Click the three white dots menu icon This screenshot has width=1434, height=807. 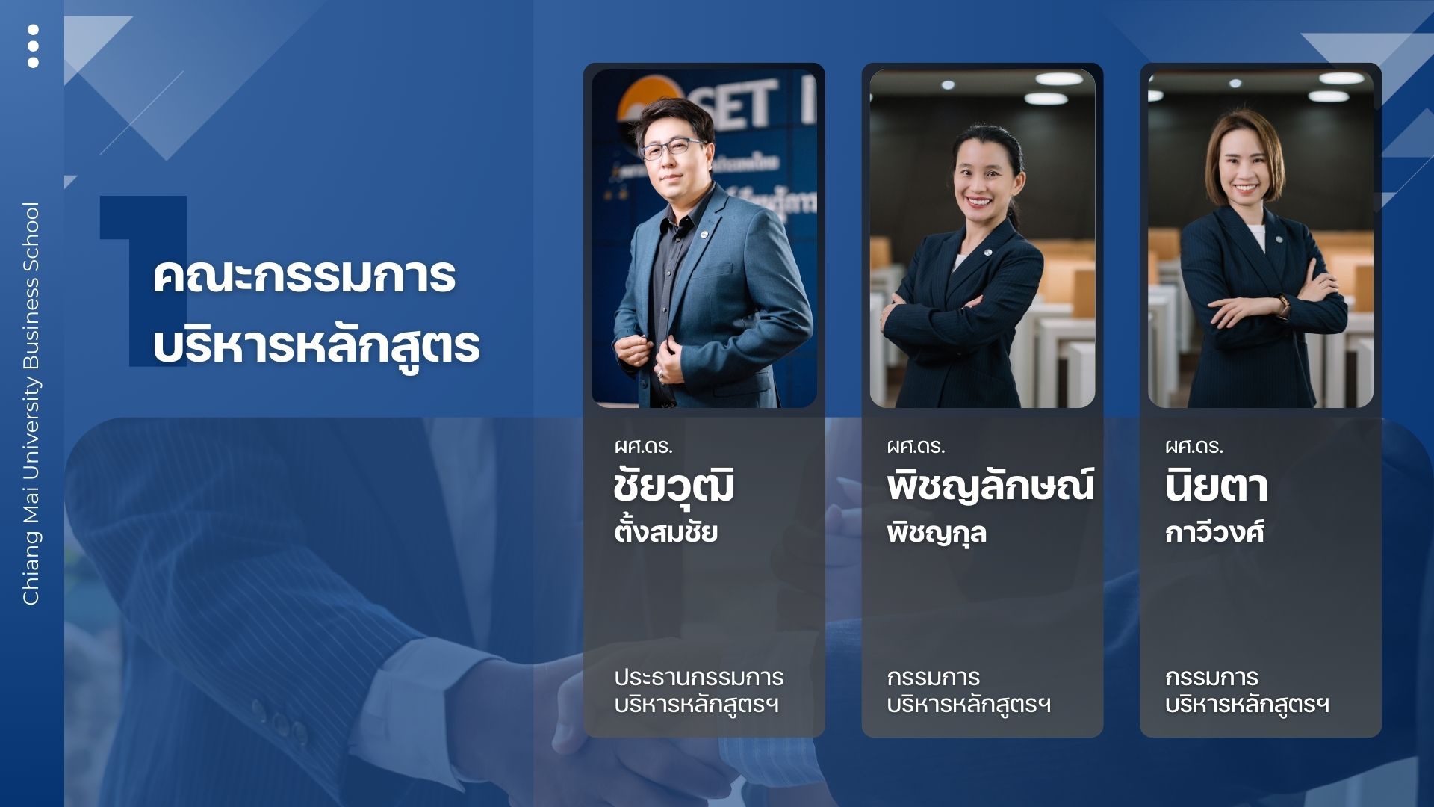pos(33,46)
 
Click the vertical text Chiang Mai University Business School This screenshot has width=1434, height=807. pos(31,403)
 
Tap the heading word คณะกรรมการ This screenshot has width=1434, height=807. pos(305,276)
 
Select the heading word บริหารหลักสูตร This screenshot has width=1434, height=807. pos(316,344)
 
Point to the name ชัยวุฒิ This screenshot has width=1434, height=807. pos(674,486)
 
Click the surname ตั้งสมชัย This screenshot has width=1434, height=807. pos(666,531)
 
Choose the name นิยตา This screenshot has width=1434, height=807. pos(1217,486)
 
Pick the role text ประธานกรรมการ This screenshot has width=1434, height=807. pos(699,677)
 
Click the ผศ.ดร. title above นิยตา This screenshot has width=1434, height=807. pos(1194,446)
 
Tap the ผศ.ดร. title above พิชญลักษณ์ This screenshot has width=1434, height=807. pos(916,446)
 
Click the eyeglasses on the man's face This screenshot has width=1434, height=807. pos(671,149)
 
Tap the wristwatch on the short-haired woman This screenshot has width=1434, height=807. pos(1284,305)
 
